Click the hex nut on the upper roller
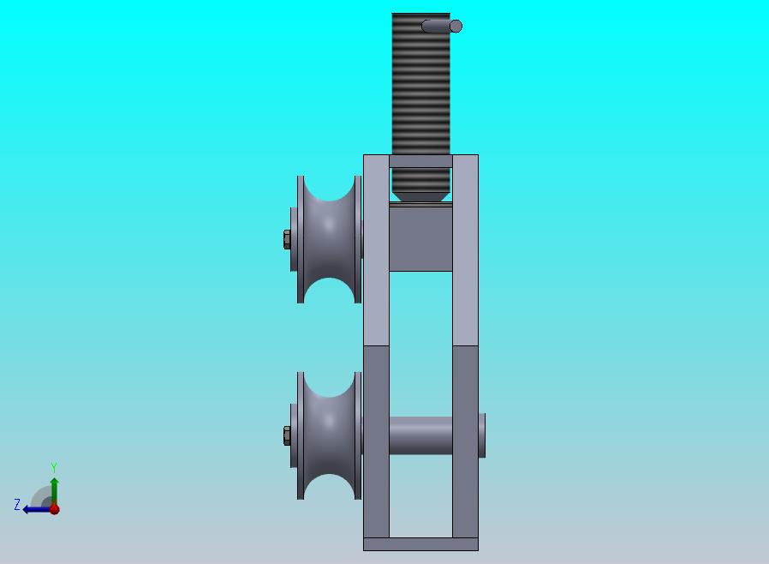point(287,239)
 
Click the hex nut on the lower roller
point(287,436)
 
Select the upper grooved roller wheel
point(329,239)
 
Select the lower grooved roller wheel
point(329,436)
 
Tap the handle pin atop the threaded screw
point(442,26)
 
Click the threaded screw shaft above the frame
point(420,83)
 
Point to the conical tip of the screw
point(420,197)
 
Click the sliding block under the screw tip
point(420,237)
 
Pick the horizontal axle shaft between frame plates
point(420,436)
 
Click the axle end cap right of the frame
point(482,435)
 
